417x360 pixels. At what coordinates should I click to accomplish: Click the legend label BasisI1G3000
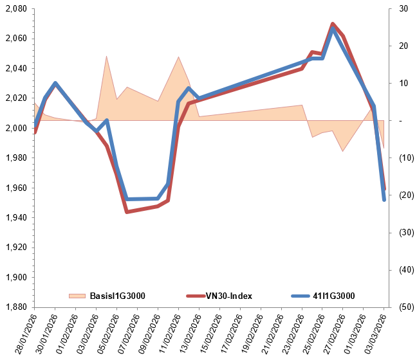point(117,296)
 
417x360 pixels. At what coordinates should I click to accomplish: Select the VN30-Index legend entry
point(228,296)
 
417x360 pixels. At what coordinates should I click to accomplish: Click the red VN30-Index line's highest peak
point(333,24)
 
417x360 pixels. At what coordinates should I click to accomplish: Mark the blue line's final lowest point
point(384,200)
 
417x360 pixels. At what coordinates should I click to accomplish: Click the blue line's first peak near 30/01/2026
point(55,83)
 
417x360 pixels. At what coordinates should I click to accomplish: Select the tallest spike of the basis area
point(107,57)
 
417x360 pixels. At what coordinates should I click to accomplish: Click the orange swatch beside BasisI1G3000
point(77,296)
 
